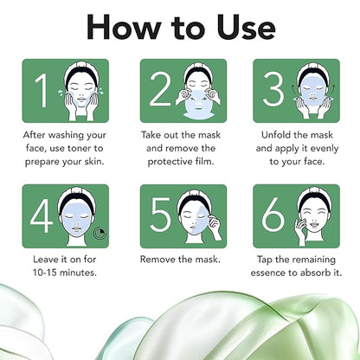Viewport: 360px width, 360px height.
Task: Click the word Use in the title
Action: [x=246, y=27]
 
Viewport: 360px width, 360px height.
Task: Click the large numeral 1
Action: [x=42, y=90]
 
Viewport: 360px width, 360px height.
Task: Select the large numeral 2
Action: [x=160, y=89]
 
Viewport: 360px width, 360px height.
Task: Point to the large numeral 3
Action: [x=273, y=89]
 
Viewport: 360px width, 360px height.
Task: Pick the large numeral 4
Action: [x=42, y=215]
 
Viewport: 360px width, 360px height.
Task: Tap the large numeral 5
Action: [x=160, y=215]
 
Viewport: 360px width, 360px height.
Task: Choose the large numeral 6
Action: [x=273, y=215]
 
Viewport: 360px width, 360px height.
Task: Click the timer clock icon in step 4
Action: [x=100, y=234]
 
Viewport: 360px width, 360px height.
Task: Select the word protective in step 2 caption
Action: [x=170, y=162]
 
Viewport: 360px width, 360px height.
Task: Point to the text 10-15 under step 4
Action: [x=45, y=273]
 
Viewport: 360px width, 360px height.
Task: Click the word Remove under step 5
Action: [x=157, y=260]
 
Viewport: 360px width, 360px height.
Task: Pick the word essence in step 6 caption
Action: [x=267, y=273]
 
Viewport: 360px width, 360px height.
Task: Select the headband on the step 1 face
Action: [x=81, y=69]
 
